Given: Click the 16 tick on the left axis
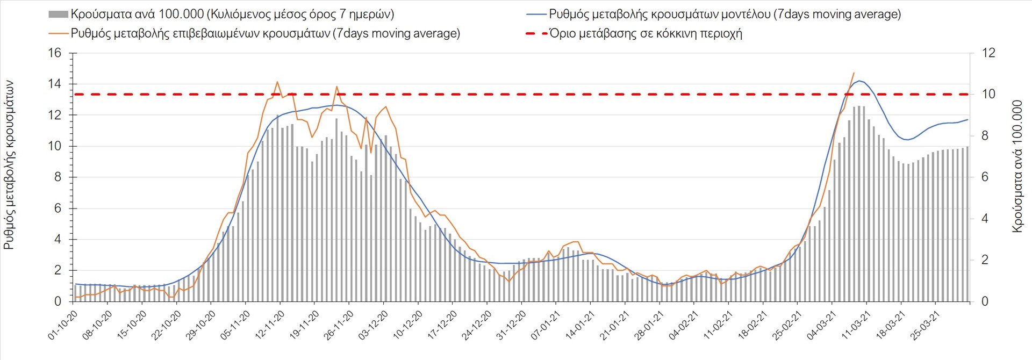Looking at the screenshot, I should coord(55,53).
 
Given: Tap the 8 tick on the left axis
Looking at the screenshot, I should coord(58,177).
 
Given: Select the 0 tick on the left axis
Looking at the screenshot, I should coord(58,301).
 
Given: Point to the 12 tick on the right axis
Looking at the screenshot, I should coord(988,53).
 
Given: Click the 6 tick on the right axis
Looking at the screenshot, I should coord(985,177).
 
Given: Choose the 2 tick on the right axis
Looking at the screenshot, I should coord(985,260).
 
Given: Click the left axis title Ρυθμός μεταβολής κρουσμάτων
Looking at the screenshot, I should coord(9,165).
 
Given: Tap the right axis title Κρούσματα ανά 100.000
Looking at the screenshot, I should coord(1017,166).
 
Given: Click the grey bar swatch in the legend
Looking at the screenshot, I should coord(58,15).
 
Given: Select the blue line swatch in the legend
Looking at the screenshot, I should coord(536,15).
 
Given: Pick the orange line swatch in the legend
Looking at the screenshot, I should coord(58,33).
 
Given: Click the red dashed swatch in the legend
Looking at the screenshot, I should coord(536,33).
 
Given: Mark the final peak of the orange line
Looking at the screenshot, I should coord(854,73).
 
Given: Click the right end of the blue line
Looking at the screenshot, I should coord(967,120).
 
